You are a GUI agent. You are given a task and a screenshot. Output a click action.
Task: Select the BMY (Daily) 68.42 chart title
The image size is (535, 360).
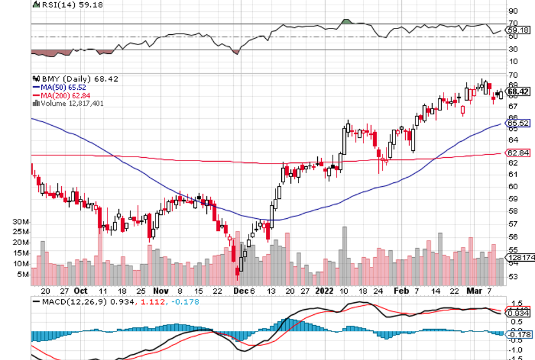[67, 79]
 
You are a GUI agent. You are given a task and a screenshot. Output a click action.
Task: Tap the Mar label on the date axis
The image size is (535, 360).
[475, 290]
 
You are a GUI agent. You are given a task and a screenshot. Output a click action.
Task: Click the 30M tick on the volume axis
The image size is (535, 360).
[22, 221]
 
